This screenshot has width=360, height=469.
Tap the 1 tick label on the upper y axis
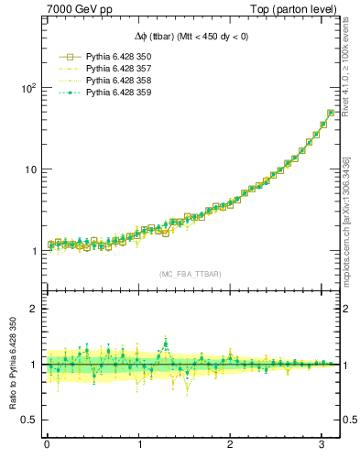click(x=32, y=251)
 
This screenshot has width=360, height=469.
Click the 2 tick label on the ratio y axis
click(x=32, y=309)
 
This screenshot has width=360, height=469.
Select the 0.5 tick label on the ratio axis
click(x=27, y=420)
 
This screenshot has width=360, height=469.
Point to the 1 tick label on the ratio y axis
click(x=32, y=365)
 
